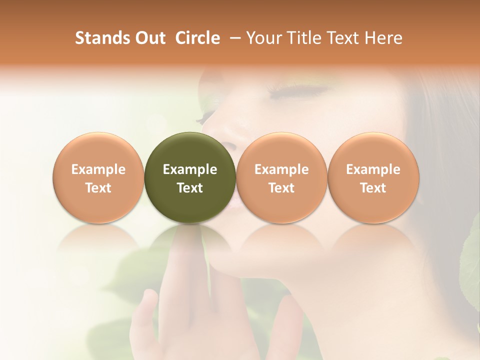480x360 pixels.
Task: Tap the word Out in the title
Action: coord(149,38)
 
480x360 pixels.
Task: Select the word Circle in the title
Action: coord(197,38)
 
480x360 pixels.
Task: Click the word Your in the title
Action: coord(263,38)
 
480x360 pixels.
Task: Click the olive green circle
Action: coord(190,177)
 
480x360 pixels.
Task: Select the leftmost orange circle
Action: coord(98,177)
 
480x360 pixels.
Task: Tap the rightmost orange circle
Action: coord(373,177)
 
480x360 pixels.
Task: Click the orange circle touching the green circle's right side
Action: coord(281,177)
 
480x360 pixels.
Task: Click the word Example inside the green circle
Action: coord(190,169)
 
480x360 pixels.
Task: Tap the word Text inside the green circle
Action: coord(190,188)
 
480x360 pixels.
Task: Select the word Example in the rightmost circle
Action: coord(373,169)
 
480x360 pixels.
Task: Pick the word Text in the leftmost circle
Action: coord(98,188)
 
